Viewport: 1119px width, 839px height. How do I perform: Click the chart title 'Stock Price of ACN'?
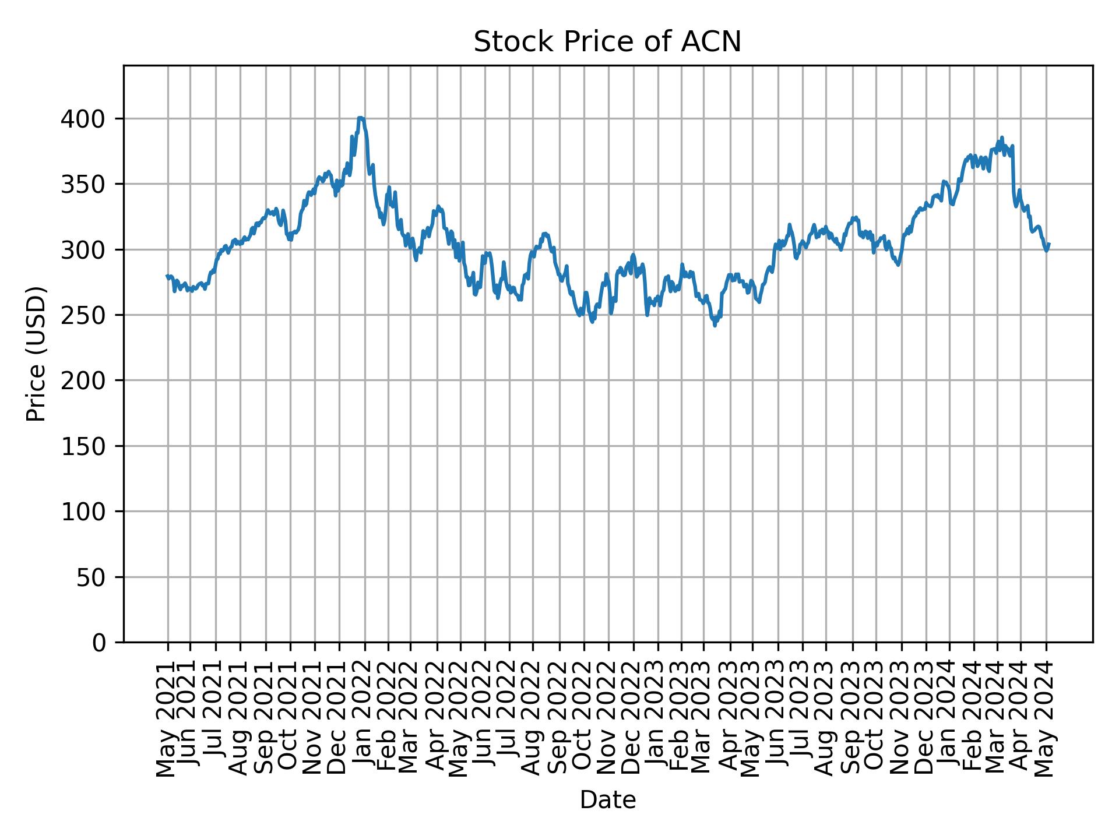(607, 43)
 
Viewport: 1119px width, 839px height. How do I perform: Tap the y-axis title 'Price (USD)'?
(36, 354)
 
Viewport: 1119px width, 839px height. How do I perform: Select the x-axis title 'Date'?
(607, 801)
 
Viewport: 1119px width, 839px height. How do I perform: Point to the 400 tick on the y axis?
(89, 119)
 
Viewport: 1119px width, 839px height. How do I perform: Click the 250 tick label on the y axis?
(89, 316)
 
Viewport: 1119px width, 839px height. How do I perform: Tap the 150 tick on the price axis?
(89, 446)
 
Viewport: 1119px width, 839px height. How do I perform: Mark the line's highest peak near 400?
(361, 118)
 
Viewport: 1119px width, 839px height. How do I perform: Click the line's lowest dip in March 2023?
(715, 325)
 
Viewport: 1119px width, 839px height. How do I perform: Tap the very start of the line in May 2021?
(167, 276)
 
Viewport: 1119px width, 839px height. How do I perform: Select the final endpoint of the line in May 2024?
(1049, 244)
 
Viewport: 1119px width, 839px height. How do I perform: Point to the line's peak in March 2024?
(1002, 138)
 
